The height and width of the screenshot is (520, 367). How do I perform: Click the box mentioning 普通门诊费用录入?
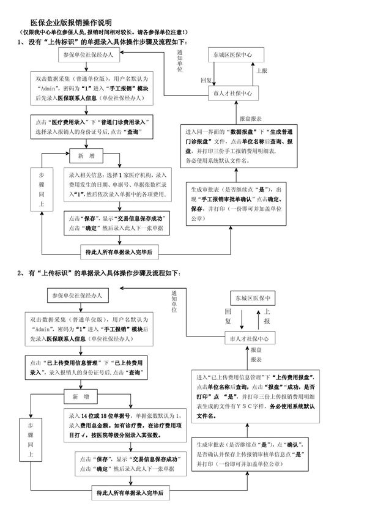[x=92, y=127]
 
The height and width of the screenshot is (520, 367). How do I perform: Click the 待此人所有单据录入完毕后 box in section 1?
[x=119, y=251]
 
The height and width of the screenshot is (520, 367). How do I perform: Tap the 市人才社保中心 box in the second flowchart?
[x=248, y=338]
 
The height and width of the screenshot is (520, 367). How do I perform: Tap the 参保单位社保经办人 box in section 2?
[x=78, y=295]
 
